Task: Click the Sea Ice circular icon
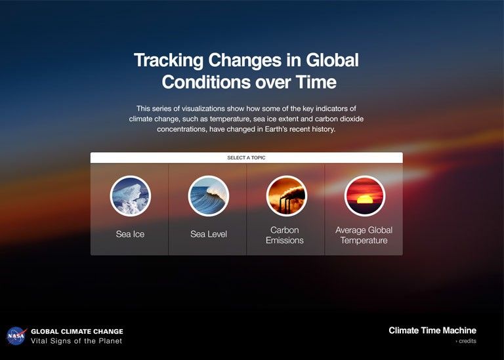point(130,196)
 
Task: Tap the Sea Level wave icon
point(208,196)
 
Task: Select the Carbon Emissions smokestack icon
point(286,196)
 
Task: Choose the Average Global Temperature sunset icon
point(364,196)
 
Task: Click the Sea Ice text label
point(130,234)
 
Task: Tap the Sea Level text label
point(208,234)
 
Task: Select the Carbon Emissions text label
point(285,235)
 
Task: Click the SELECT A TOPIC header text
point(246,158)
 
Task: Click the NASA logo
point(16,336)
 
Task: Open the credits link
point(467,341)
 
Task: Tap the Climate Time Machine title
point(432,330)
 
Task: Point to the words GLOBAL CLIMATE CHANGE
point(77,331)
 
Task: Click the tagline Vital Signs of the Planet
point(76,341)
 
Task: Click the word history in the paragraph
point(318,130)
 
